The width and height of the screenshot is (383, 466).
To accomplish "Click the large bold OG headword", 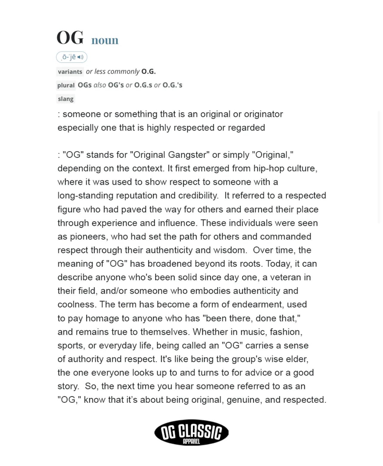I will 70,38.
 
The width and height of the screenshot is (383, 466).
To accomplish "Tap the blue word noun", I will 105,40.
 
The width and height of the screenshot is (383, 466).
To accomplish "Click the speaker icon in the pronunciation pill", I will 80,57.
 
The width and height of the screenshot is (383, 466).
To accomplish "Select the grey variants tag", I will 70,72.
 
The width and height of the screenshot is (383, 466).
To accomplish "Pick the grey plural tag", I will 66,85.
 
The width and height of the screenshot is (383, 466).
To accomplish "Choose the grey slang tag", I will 66,99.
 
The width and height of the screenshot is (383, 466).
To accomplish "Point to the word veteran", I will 286,277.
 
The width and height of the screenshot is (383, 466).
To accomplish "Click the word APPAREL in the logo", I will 191,442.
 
